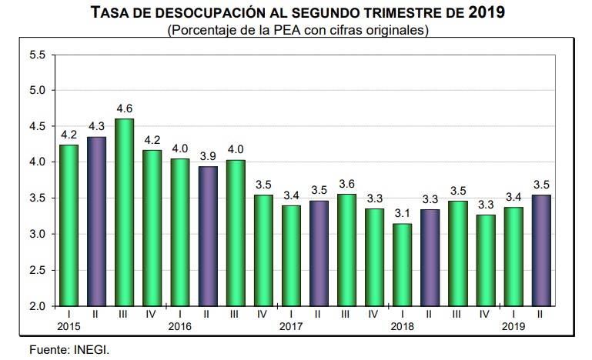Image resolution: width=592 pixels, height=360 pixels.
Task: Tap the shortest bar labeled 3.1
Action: (x=401, y=265)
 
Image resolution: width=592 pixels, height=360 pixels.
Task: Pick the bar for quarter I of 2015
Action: (x=68, y=225)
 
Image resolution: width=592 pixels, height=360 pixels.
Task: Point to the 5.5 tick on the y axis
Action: (x=38, y=55)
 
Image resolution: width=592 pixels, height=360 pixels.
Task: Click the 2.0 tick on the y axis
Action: (x=38, y=306)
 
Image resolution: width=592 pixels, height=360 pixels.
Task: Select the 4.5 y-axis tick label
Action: (x=38, y=126)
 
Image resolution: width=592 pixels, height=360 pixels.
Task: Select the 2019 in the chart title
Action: (x=484, y=13)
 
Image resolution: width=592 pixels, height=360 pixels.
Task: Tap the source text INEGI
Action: (x=94, y=350)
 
